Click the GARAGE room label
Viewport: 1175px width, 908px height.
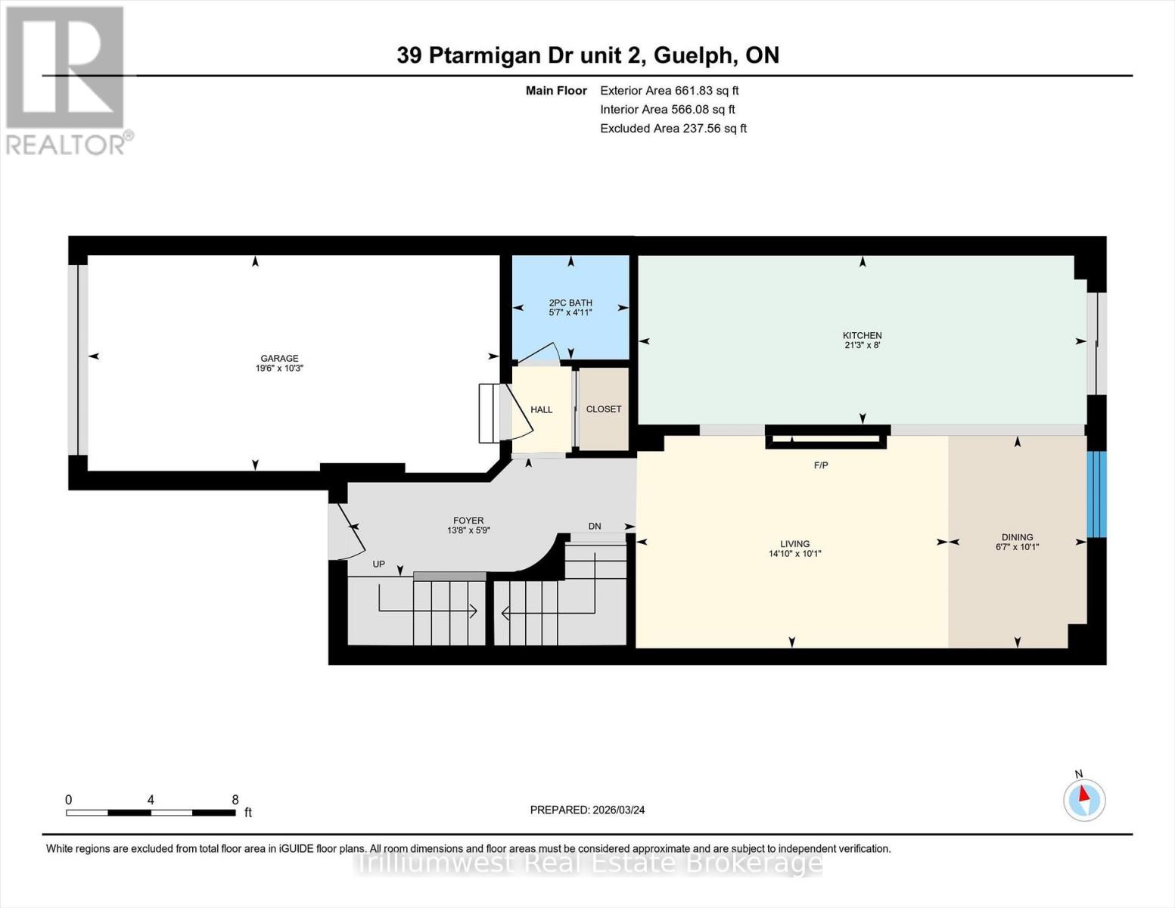(x=279, y=359)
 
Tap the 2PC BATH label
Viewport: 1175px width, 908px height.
(x=570, y=303)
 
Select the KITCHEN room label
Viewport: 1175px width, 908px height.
(x=863, y=335)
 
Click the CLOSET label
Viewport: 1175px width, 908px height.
(x=604, y=409)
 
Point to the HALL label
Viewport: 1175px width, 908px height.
(x=542, y=410)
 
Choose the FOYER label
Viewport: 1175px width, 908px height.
(x=468, y=521)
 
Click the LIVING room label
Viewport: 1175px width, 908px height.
(x=795, y=544)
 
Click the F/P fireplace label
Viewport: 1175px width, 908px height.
(x=821, y=465)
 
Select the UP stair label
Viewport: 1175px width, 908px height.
(x=379, y=564)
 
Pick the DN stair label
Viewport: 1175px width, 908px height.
(x=595, y=526)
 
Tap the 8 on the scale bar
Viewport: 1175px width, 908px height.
(x=235, y=800)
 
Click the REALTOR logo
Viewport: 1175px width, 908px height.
(x=67, y=79)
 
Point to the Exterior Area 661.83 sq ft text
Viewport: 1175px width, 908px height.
(x=669, y=91)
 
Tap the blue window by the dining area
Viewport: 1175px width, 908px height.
(x=1096, y=494)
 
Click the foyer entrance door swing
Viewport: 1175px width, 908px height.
(x=350, y=530)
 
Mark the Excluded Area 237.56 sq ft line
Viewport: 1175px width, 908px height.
(x=673, y=129)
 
